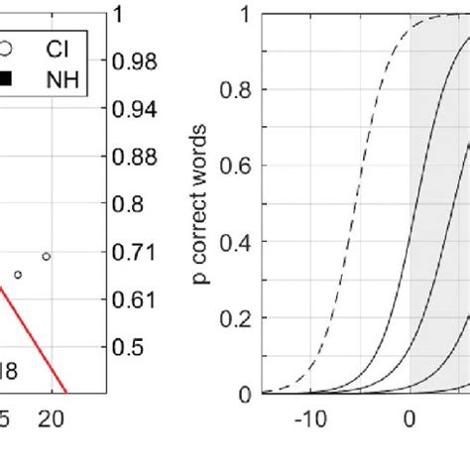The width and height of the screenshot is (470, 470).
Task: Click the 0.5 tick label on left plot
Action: click(x=127, y=346)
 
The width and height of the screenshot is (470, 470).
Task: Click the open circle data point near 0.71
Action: click(x=46, y=257)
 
